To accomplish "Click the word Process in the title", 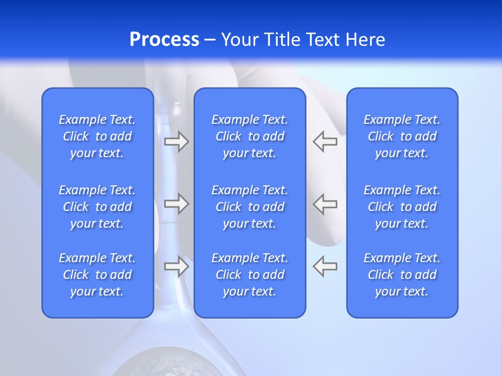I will [x=164, y=40].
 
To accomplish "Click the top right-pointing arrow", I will [x=176, y=142].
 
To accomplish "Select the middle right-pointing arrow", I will [x=176, y=204].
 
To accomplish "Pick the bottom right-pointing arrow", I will [x=176, y=266].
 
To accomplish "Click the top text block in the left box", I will [x=97, y=136].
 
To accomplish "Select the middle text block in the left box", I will [x=97, y=207].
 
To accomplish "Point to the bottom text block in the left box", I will [x=97, y=275].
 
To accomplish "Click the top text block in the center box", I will [x=250, y=136].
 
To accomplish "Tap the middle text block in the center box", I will [x=250, y=207].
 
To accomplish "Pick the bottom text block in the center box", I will [x=250, y=275].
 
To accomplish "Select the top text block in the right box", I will [x=402, y=136].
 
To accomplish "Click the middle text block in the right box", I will [x=402, y=207].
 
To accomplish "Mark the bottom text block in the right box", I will [x=402, y=275].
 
